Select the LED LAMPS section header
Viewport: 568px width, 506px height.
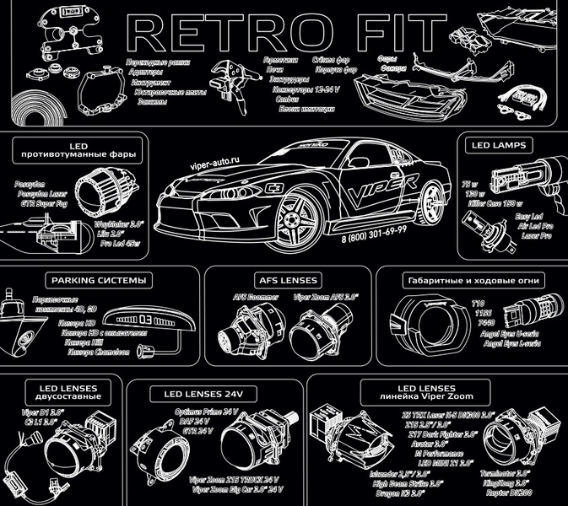[x=498, y=146]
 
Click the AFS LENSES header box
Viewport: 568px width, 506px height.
[x=287, y=279]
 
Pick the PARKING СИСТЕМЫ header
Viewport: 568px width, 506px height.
[x=99, y=279]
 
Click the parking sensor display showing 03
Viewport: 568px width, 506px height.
[x=146, y=320]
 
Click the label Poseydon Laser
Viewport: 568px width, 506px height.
[x=42, y=191]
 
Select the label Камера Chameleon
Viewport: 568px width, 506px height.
[x=92, y=353]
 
